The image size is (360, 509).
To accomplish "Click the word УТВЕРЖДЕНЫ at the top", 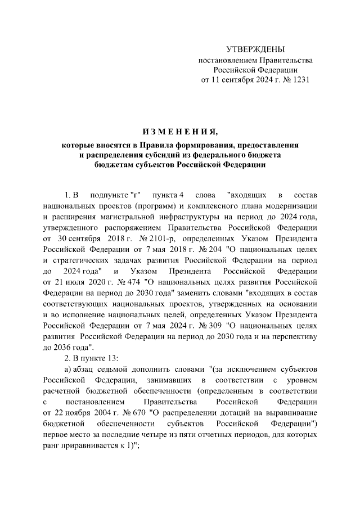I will [x=255, y=49].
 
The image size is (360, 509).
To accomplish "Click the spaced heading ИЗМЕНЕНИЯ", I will [x=179, y=133].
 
